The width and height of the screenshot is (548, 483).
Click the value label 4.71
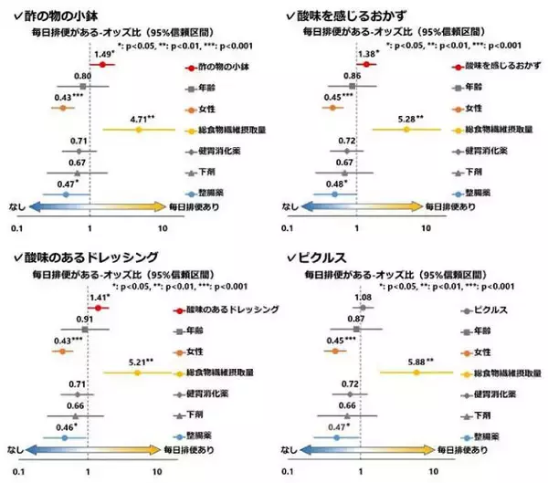point(144,118)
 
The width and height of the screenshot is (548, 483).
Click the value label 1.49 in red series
point(103,55)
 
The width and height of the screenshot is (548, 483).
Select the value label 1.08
point(362,298)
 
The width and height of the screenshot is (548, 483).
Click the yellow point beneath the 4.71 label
point(139,131)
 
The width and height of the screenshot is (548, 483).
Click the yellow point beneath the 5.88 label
point(416,373)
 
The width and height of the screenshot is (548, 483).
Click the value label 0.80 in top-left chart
point(81,75)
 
